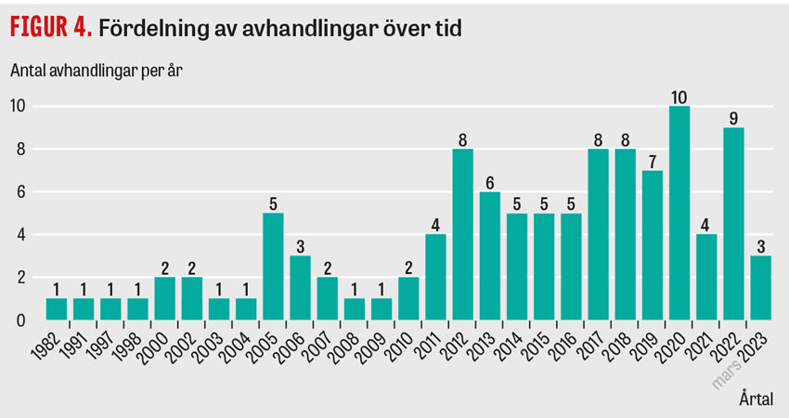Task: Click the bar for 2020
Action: [679, 213]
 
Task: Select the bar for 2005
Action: [273, 267]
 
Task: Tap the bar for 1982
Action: [57, 309]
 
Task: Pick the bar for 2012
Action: [462, 234]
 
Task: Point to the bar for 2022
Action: [733, 224]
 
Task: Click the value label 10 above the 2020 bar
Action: [679, 98]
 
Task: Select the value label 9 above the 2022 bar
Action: [733, 119]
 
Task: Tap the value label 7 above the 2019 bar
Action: [653, 162]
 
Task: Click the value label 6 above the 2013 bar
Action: [489, 183]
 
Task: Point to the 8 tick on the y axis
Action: [20, 149]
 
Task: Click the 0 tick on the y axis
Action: [20, 320]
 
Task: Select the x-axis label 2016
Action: [563, 346]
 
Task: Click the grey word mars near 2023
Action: [726, 375]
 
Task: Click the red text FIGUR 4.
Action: [51, 27]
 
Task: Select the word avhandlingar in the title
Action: [310, 29]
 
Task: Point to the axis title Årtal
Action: [757, 399]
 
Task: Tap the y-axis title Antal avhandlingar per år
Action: [97, 71]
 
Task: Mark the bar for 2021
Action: [706, 277]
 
